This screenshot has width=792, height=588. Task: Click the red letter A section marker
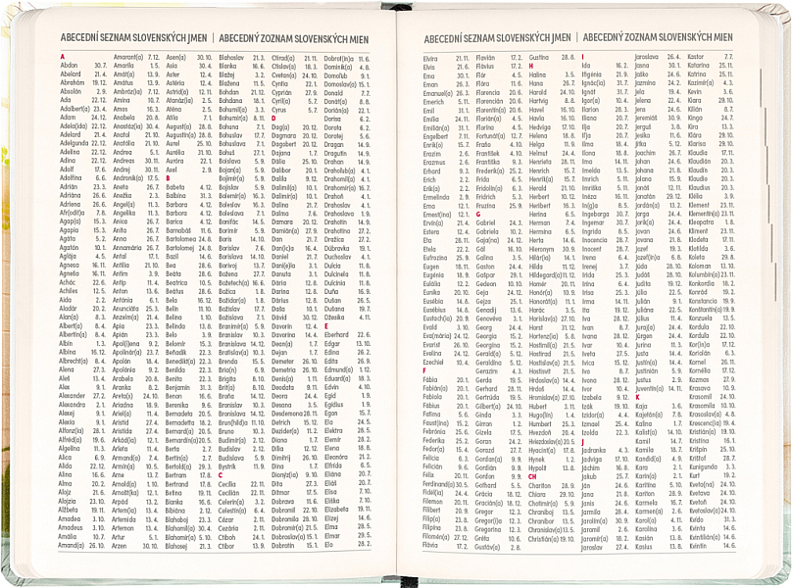[62, 57]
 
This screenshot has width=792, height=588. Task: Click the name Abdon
[69, 66]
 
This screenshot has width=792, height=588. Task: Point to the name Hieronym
[547, 248]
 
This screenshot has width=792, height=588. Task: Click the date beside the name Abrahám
[101, 83]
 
